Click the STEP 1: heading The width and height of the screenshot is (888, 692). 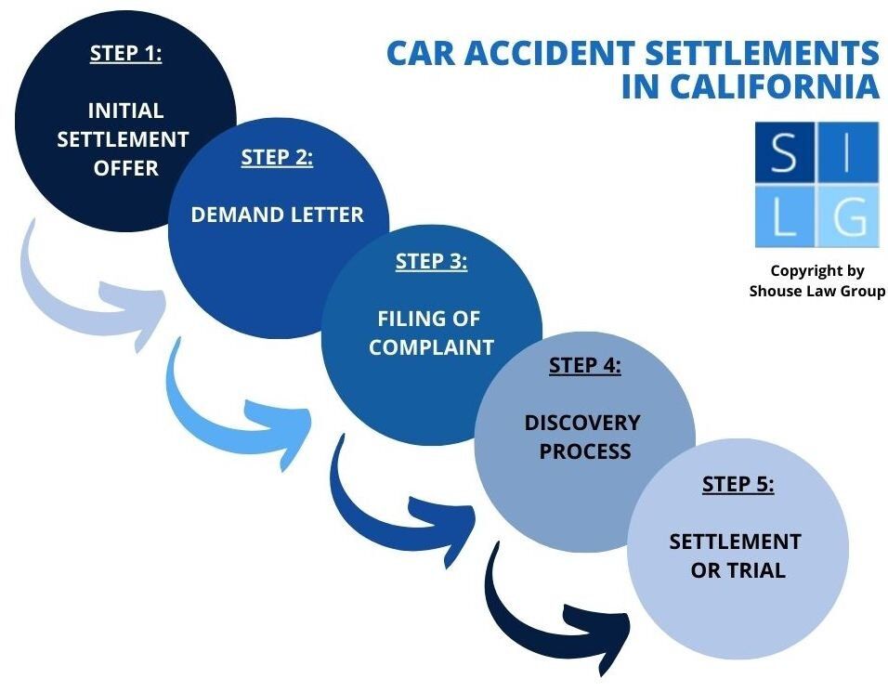tap(125, 53)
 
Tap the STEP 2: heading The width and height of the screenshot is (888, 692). tap(277, 157)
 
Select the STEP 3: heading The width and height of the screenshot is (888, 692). tap(431, 261)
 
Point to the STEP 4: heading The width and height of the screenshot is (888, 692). tap(584, 365)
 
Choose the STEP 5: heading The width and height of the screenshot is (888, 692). tap(738, 484)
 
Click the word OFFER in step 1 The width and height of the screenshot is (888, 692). tap(125, 169)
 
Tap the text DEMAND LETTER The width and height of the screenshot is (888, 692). tap(277, 215)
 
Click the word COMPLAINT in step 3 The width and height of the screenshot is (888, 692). tap(431, 348)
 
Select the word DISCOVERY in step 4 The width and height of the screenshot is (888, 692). tap(582, 423)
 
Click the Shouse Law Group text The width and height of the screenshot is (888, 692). tap(817, 291)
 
